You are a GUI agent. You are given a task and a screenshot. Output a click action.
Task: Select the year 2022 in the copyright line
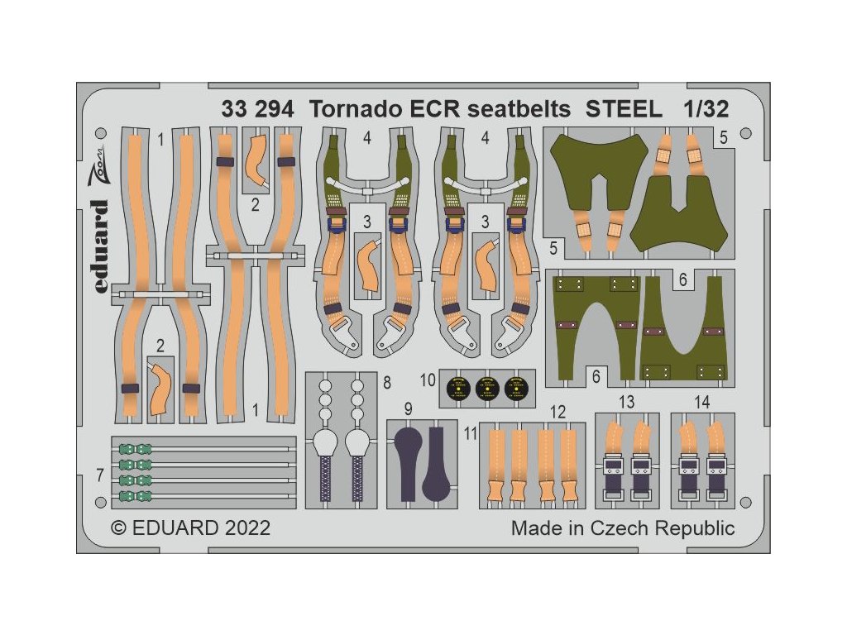243,528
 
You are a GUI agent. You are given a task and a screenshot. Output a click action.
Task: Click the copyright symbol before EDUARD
118,528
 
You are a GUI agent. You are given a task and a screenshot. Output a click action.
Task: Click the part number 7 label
99,476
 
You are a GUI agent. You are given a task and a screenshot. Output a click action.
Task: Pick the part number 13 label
626,403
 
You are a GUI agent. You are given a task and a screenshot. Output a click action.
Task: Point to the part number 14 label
702,403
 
